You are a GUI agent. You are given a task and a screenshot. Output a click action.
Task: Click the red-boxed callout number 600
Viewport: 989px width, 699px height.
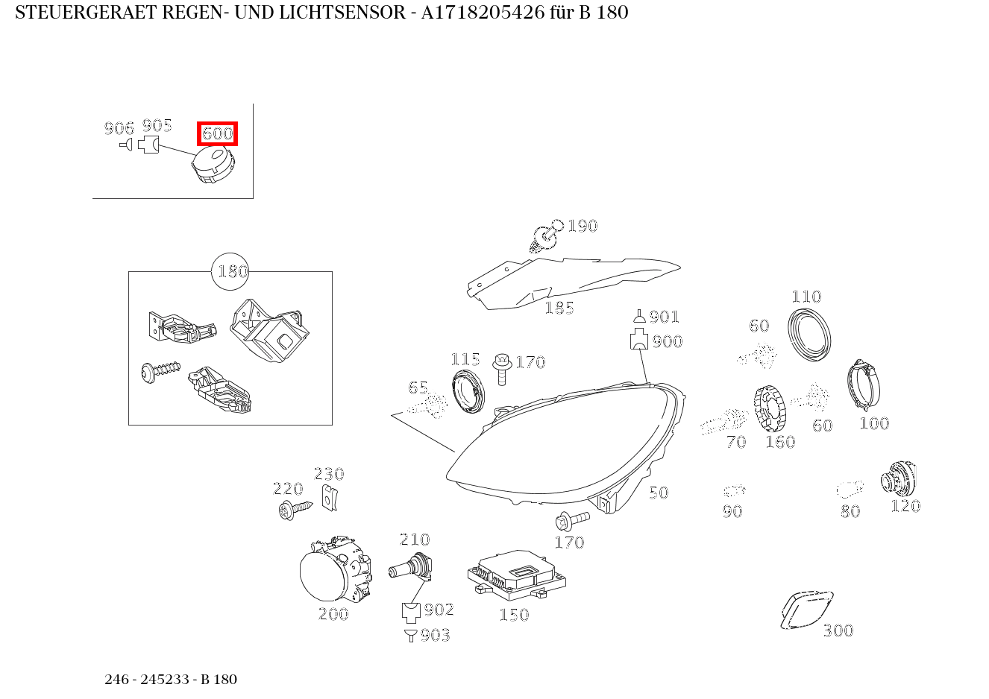point(217,134)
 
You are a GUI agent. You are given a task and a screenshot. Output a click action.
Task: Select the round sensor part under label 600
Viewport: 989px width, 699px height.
point(212,165)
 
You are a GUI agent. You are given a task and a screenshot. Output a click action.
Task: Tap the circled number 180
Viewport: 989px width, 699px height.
point(230,272)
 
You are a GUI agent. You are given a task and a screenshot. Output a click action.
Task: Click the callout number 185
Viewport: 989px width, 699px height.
point(559,308)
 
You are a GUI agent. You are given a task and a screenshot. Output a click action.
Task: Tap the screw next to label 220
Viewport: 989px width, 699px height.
point(295,510)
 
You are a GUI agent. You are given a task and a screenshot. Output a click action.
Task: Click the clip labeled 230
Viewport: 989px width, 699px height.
point(329,496)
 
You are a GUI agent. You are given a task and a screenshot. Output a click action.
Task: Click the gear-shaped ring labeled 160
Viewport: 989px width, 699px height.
point(771,409)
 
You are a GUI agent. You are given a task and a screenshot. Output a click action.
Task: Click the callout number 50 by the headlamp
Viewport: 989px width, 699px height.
point(658,493)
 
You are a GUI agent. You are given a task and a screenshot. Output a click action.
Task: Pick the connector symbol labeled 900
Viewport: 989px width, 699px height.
point(638,341)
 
